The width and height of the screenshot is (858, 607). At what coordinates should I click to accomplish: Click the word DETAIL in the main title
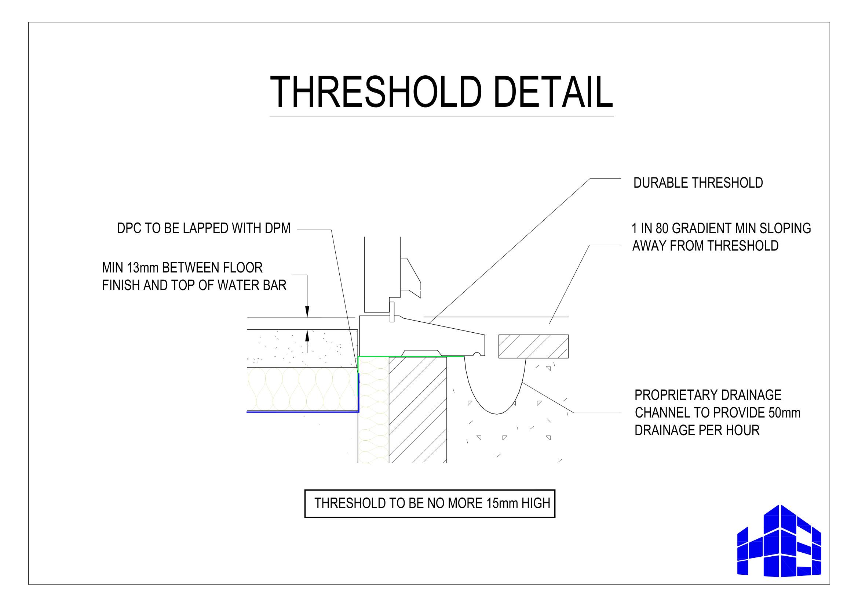tap(553, 92)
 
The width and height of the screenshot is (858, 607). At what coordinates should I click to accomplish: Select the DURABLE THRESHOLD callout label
tap(698, 183)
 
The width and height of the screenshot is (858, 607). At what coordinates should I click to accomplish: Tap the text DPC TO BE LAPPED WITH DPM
tap(204, 228)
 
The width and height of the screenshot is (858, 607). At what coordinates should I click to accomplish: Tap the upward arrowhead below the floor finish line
tap(307, 336)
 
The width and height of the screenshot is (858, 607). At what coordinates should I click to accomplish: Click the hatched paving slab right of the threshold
tap(533, 346)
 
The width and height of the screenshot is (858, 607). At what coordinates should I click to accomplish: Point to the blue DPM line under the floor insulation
tap(303, 412)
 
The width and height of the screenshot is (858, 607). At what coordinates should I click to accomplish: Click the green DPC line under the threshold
tap(411, 357)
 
